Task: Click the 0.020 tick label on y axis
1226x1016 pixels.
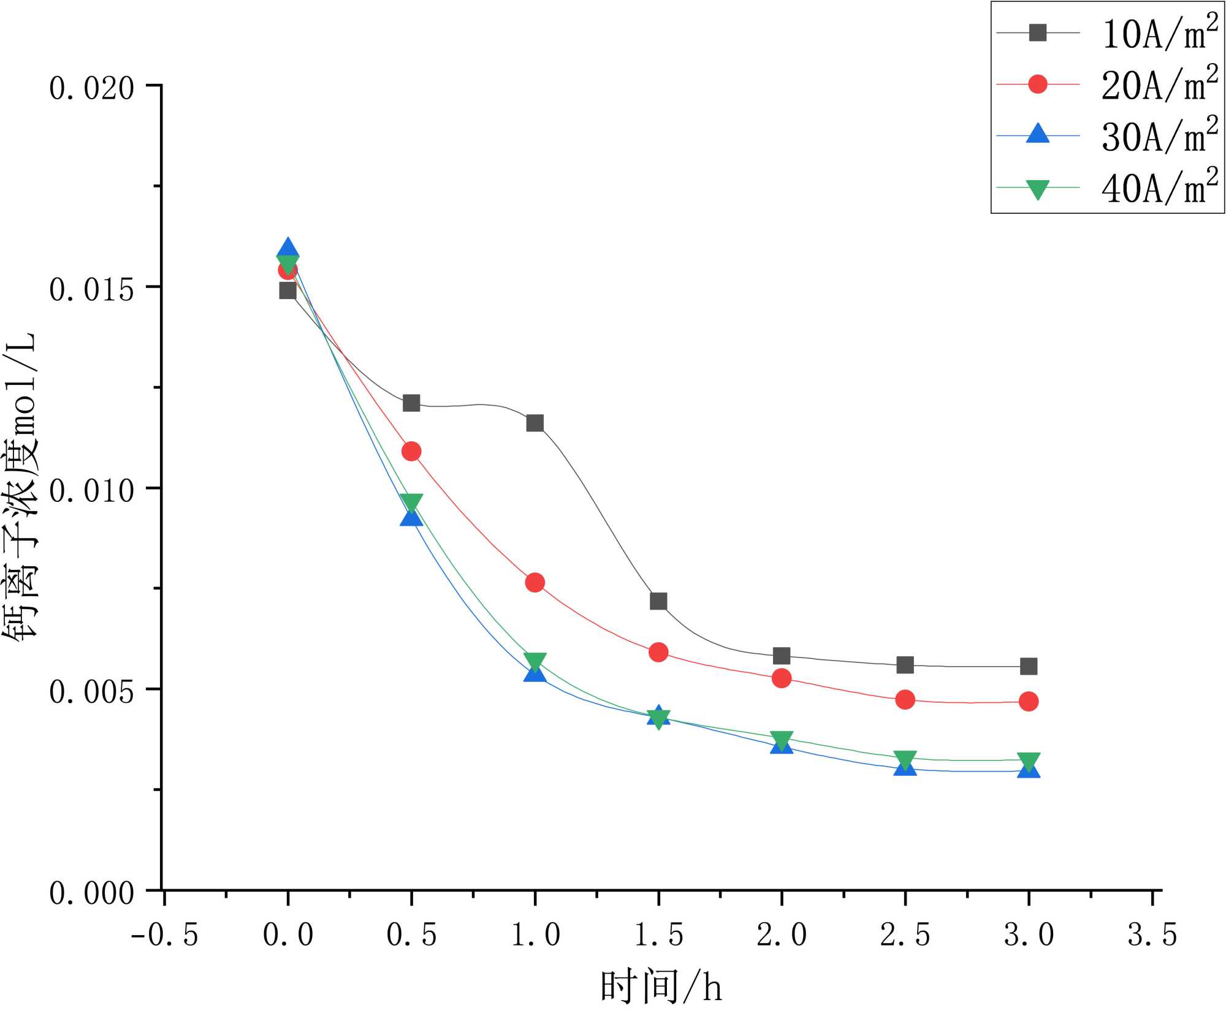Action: click(x=91, y=89)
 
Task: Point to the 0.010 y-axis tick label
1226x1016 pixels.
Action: click(x=91, y=491)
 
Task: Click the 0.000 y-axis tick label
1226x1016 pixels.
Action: click(x=91, y=894)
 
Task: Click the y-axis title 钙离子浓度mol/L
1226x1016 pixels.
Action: click(x=22, y=487)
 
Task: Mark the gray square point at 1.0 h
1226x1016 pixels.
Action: click(x=535, y=423)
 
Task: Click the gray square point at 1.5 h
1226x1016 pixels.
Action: click(x=658, y=601)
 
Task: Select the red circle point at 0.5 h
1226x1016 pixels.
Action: click(x=411, y=452)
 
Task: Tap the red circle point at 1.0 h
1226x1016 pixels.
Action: click(x=535, y=582)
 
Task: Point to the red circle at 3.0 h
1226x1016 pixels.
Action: click(x=1029, y=701)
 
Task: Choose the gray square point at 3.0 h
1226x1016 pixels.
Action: click(x=1029, y=666)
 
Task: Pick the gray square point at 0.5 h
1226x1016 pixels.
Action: click(x=411, y=403)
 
